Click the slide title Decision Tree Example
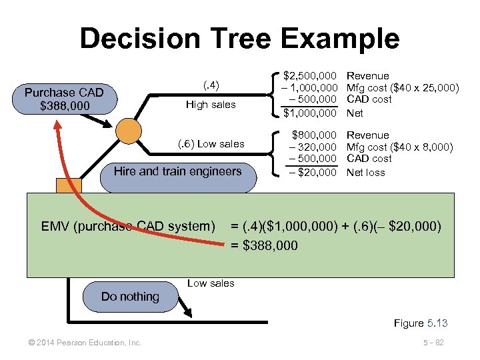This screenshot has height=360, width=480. pyautogui.click(x=239, y=38)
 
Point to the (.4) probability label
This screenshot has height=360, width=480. pyautogui.click(x=211, y=85)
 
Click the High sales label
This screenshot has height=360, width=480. pyautogui.click(x=210, y=105)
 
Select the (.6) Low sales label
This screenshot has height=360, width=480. pyautogui.click(x=211, y=143)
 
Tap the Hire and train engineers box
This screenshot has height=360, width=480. pyautogui.click(x=177, y=171)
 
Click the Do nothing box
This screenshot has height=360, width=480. pyautogui.click(x=130, y=297)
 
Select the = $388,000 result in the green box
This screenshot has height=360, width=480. pyautogui.click(x=265, y=246)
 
